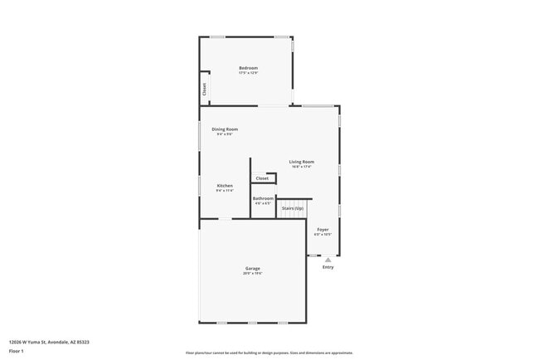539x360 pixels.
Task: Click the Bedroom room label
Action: click(x=248, y=68)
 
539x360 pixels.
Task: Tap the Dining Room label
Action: click(x=225, y=129)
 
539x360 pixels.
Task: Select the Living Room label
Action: click(x=302, y=162)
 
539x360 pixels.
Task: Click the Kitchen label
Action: click(x=225, y=185)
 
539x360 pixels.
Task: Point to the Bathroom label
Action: click(x=263, y=198)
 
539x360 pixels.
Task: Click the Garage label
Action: click(x=253, y=268)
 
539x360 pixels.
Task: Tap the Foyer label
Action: click(x=323, y=229)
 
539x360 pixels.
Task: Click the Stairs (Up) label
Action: click(x=293, y=207)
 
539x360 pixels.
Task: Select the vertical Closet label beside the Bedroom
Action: click(x=204, y=90)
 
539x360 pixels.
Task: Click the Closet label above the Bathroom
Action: click(x=262, y=178)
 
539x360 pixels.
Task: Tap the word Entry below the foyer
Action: click(x=328, y=267)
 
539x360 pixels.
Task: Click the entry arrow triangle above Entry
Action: click(x=328, y=260)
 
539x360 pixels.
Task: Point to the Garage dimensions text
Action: click(x=253, y=274)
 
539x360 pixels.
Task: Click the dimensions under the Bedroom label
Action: click(x=248, y=74)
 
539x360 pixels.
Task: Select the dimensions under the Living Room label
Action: click(x=302, y=168)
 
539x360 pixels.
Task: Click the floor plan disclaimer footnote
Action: click(x=269, y=353)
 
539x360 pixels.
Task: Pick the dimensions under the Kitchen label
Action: click(x=225, y=191)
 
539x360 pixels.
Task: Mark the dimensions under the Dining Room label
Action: click(x=225, y=134)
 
